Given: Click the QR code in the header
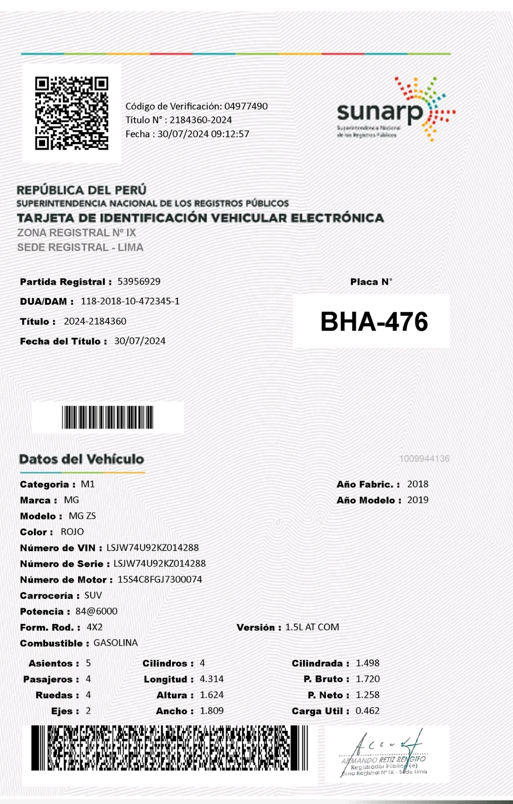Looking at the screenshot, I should [72, 113].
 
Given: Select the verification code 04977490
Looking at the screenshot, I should [246, 106].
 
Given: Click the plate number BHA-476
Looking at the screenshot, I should [374, 322].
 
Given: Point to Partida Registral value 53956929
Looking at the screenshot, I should [139, 281].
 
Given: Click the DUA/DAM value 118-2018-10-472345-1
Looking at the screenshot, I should [130, 301].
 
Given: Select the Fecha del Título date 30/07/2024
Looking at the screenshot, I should [140, 341].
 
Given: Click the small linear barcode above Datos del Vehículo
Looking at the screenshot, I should [108, 417].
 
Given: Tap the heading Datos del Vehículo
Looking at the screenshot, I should [82, 459].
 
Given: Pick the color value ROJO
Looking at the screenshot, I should [72, 532].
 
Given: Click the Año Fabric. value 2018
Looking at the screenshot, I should [418, 484].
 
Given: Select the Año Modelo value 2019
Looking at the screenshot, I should [418, 500].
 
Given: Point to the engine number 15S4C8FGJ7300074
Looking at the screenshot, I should [160, 579].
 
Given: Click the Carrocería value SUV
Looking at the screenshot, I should [93, 595].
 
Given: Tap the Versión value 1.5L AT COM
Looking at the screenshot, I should [312, 627].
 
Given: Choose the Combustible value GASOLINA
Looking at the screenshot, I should [115, 643].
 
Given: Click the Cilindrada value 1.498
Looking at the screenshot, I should [368, 663].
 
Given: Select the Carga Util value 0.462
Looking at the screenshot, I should [368, 711].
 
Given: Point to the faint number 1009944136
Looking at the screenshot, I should [424, 459].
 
